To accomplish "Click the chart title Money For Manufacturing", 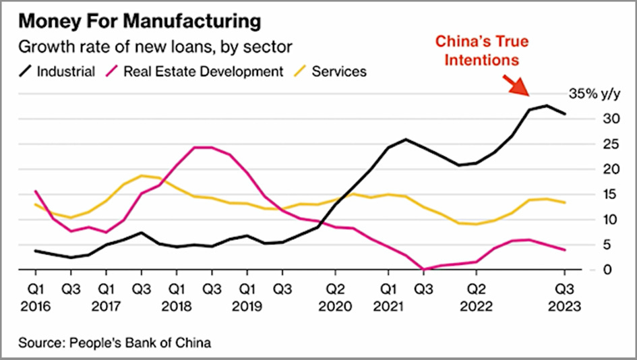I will click(x=140, y=22).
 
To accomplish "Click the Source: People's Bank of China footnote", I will click(x=115, y=343).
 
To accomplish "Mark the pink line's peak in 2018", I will click(x=202, y=147).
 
